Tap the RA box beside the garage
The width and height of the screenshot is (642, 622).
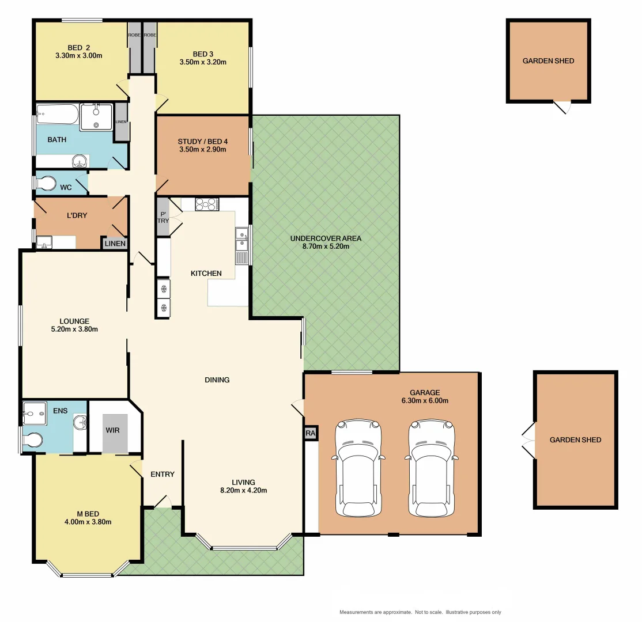311,433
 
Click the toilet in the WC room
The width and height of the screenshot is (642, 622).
46,184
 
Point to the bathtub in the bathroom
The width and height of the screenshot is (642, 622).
56,115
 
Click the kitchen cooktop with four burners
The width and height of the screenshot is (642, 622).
206,204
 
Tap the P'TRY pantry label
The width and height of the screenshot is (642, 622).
163,217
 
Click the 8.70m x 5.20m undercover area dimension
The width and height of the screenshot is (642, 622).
326,246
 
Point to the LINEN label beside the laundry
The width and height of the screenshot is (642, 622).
115,244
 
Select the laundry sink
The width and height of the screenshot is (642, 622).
44,243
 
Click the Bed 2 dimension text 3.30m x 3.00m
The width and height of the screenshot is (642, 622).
78,56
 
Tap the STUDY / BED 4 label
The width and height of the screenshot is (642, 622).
202,140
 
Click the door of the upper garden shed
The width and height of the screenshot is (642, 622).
562,107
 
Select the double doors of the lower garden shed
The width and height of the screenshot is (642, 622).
528,439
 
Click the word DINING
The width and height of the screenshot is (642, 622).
217,380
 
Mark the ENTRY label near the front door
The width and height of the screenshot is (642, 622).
162,474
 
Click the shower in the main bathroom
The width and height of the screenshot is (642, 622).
96,117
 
